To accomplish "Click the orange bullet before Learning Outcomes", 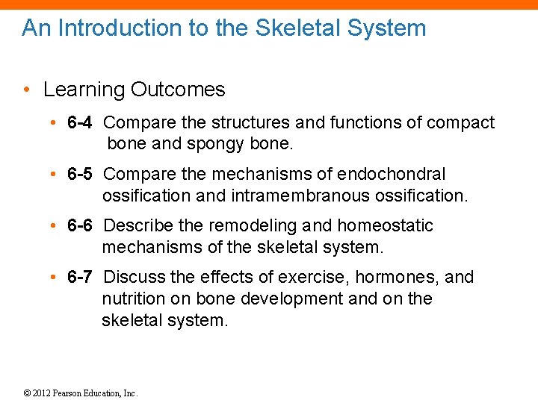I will click(27, 90).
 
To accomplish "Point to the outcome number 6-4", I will click(80, 122).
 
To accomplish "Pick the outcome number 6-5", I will click(80, 174).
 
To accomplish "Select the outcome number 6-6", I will click(80, 225).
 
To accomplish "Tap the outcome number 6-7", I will click(80, 277).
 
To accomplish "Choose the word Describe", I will click(136, 225).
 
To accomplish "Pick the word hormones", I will click(397, 277).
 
